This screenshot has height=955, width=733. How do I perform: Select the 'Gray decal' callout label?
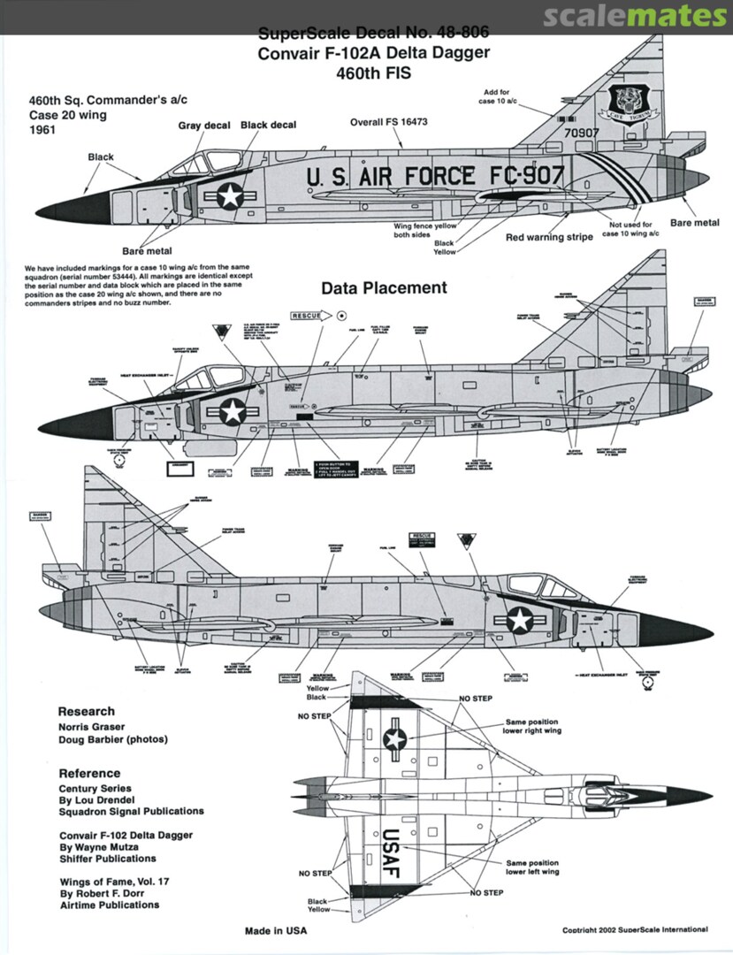tap(204, 126)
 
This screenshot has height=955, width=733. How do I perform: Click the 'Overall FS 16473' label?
tap(388, 121)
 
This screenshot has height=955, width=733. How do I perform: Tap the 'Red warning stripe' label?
tap(549, 237)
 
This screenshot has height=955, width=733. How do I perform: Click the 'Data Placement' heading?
tap(384, 288)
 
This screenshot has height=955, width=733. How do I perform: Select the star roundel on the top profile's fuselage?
tap(231, 195)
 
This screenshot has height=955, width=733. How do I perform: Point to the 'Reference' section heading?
tap(90, 773)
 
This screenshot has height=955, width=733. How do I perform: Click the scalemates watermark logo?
tap(635, 17)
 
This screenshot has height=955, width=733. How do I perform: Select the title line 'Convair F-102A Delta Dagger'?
tap(373, 53)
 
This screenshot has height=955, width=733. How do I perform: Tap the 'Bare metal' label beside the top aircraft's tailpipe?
tap(694, 223)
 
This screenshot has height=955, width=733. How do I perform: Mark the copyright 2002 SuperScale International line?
tap(635, 929)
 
